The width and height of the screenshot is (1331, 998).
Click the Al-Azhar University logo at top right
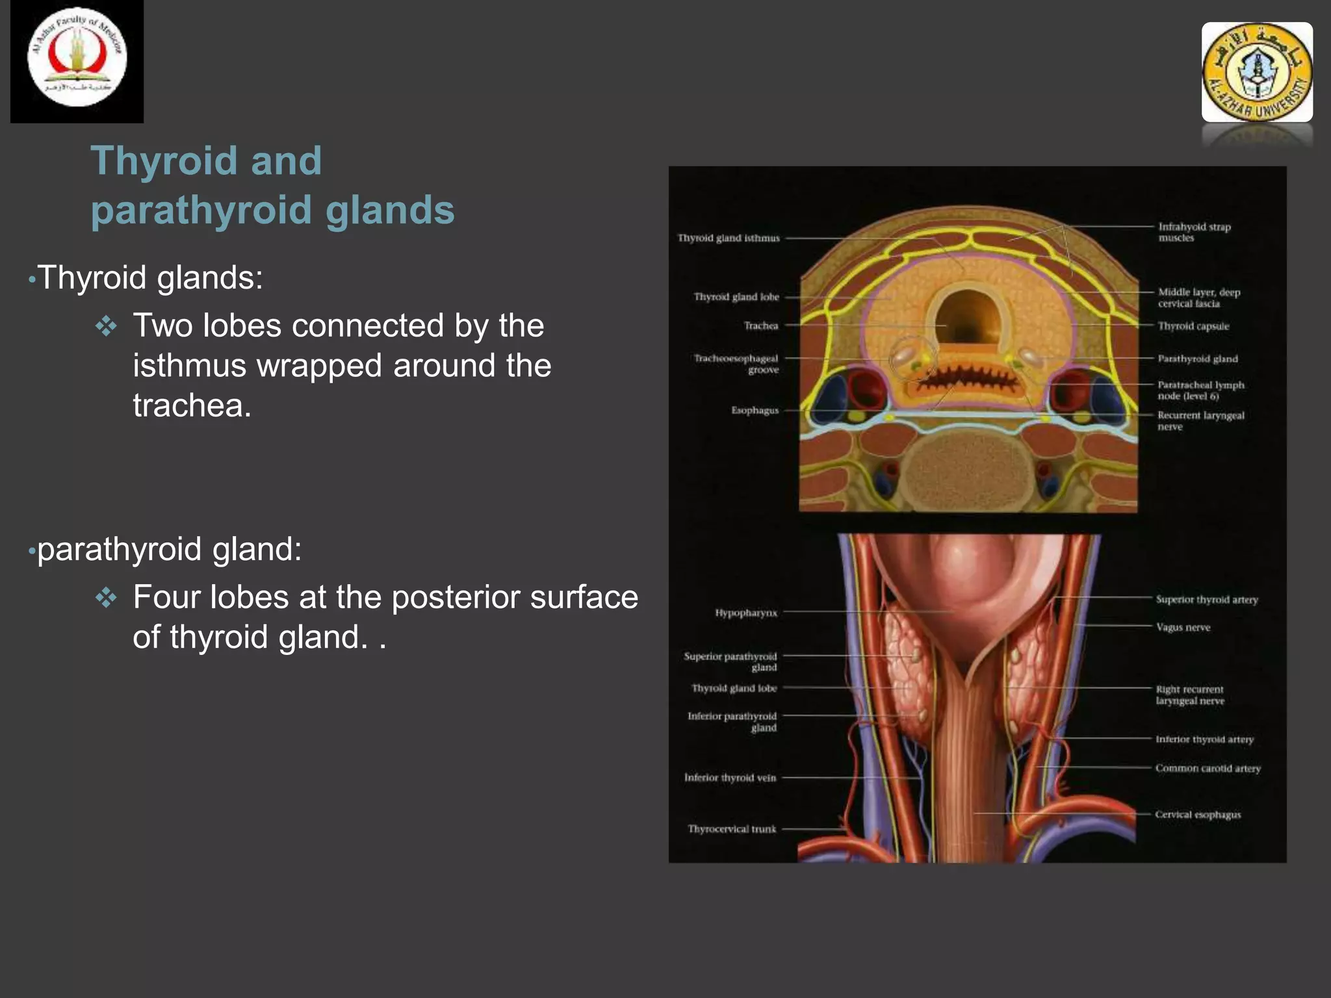coord(1256,72)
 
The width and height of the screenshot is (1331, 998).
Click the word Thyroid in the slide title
coord(163,160)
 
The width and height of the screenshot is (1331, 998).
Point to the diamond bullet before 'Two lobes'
coord(106,326)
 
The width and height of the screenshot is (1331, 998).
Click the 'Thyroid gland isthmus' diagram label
coord(729,238)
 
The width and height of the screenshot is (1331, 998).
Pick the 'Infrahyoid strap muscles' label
coord(1194,232)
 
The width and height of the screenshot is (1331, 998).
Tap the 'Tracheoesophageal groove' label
coord(736,364)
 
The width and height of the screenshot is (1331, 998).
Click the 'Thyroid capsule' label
coord(1193,326)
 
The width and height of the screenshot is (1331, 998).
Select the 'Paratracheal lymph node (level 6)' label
coord(1200,390)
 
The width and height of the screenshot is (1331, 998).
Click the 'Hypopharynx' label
coord(746,613)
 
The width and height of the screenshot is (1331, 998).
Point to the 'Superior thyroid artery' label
coord(1207,600)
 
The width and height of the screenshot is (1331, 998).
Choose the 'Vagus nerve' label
coord(1183,628)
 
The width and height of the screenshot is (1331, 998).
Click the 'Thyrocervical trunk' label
coord(732,829)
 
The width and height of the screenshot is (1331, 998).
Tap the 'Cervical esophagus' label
coord(1198,815)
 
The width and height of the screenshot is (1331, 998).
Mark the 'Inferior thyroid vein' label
coord(730,778)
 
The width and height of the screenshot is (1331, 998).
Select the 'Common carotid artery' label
coord(1208,769)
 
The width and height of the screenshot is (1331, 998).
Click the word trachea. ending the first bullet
coord(192,406)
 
